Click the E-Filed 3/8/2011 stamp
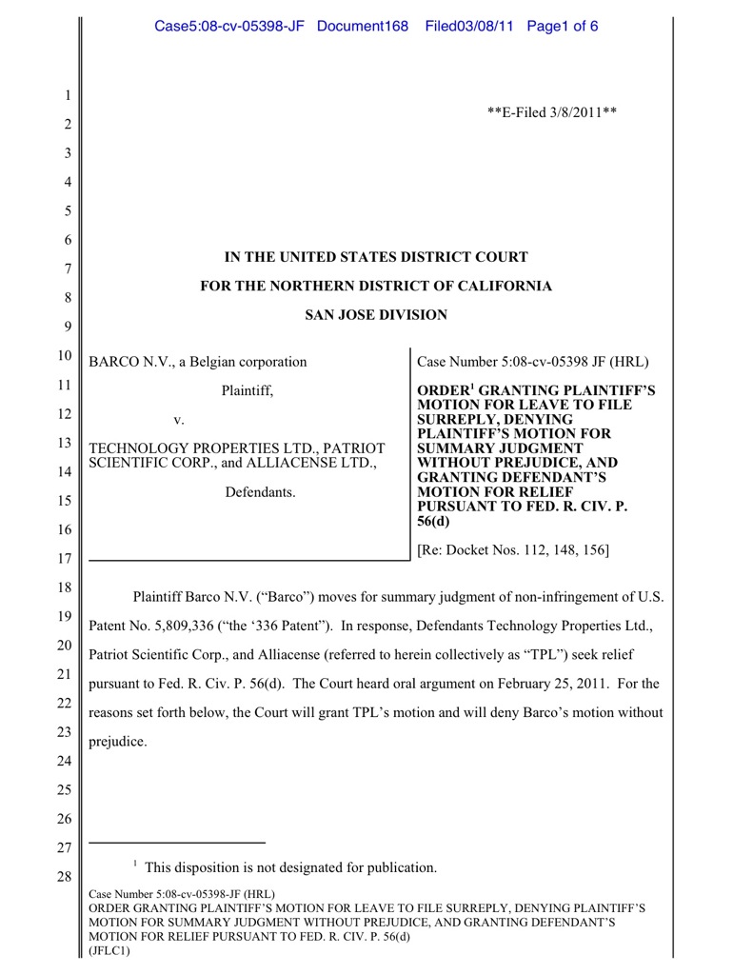552,112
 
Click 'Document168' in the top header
362,26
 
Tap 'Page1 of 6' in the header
562,26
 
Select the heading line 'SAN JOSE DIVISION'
375,315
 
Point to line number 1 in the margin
69,95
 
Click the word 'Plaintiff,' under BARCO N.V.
248,390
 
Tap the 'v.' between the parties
179,419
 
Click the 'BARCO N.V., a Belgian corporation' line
198,362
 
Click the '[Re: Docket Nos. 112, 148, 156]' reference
513,549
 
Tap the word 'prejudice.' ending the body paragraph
118,741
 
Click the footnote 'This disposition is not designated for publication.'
290,867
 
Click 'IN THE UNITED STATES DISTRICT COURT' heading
375,257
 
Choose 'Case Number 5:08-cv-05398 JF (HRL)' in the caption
533,362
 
